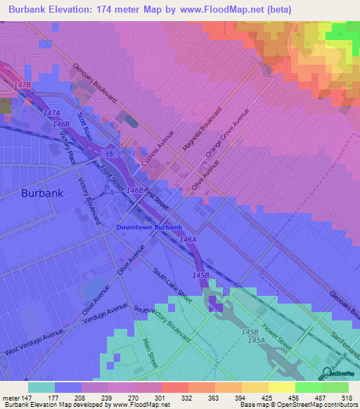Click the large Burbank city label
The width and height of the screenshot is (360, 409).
[x=42, y=193]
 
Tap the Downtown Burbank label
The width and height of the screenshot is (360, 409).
[x=149, y=228]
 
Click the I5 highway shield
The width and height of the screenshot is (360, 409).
[x=109, y=153]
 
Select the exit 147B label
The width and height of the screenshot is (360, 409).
[x=23, y=84]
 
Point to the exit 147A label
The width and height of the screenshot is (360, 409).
[x=51, y=113]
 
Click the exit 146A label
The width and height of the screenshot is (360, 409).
[x=187, y=240]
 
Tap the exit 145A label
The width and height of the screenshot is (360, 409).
[x=255, y=340]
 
